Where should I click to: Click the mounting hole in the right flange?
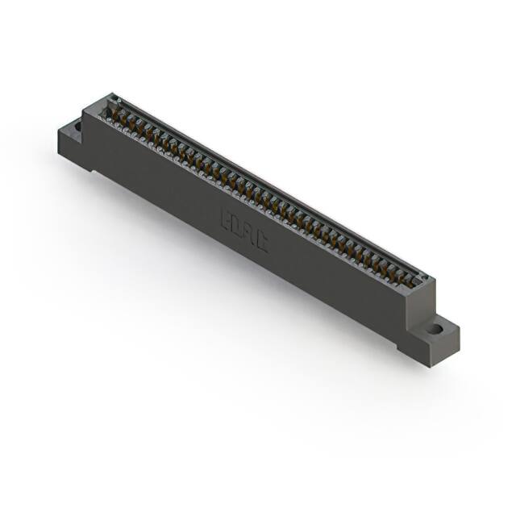[x=435, y=328]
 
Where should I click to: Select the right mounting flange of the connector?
[x=431, y=339]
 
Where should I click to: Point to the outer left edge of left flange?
[x=60, y=145]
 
